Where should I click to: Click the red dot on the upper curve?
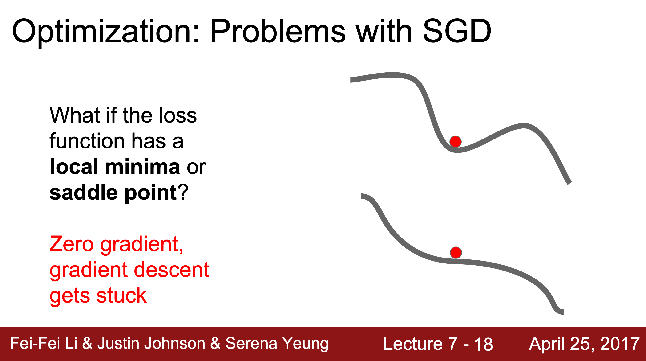tap(455, 142)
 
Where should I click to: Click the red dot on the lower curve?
tap(456, 253)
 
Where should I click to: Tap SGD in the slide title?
tap(457, 31)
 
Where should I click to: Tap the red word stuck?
tap(122, 295)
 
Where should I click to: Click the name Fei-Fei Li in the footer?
tap(44, 343)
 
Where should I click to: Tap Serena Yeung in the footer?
tap(277, 343)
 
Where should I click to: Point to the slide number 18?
tap(483, 344)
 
